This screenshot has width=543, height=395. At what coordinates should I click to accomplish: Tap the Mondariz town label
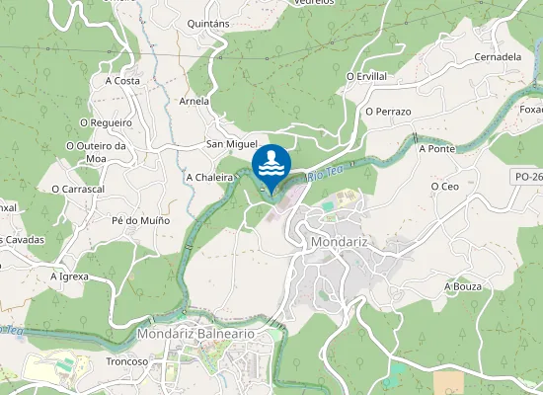(339, 241)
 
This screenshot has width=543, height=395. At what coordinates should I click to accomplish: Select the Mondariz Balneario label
(195, 334)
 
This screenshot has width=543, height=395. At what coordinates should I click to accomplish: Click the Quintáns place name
(207, 23)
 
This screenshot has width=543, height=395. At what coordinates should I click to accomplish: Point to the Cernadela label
(498, 56)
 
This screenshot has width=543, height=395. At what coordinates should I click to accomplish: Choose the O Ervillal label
(366, 76)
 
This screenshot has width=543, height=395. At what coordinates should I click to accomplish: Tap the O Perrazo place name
(387, 112)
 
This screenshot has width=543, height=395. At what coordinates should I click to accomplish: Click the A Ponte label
(435, 149)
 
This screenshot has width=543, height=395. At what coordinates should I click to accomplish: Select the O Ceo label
(445, 186)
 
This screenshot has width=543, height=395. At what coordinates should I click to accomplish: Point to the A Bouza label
(461, 286)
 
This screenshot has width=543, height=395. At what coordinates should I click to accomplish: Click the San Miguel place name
(231, 144)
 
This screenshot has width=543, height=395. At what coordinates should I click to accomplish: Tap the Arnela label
(194, 101)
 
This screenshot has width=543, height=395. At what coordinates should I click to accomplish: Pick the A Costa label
(121, 81)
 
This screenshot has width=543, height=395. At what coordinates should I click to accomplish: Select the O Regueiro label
(105, 122)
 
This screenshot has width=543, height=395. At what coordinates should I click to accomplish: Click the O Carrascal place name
(78, 188)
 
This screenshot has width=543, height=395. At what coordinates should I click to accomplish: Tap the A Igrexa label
(69, 277)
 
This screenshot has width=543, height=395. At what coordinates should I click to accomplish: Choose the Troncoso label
(126, 361)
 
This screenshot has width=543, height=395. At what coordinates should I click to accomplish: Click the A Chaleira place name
(208, 178)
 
